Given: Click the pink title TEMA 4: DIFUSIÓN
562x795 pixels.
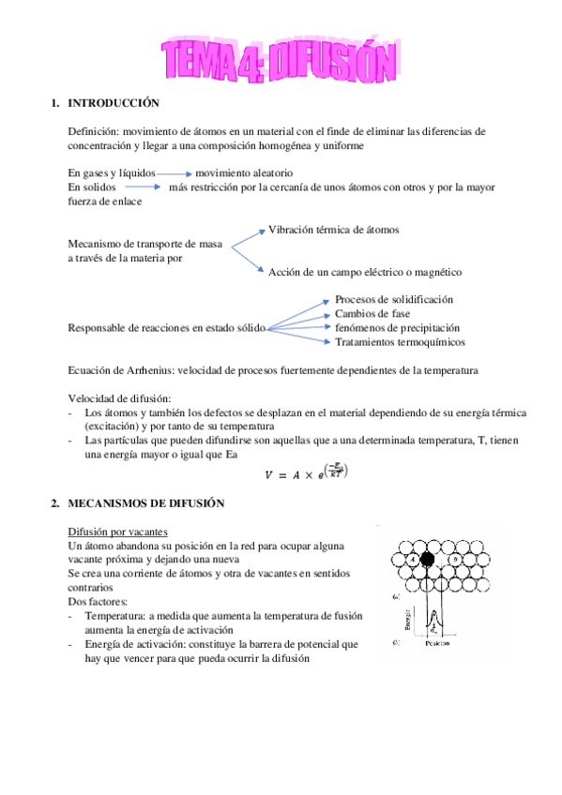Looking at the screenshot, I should [280, 60].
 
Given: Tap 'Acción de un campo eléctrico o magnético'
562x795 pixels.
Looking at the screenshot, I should [365, 272].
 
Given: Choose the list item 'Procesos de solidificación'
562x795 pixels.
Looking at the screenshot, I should [393, 299].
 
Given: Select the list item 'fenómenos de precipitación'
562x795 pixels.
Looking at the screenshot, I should [397, 328].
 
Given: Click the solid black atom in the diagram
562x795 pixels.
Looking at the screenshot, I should [428, 560].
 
